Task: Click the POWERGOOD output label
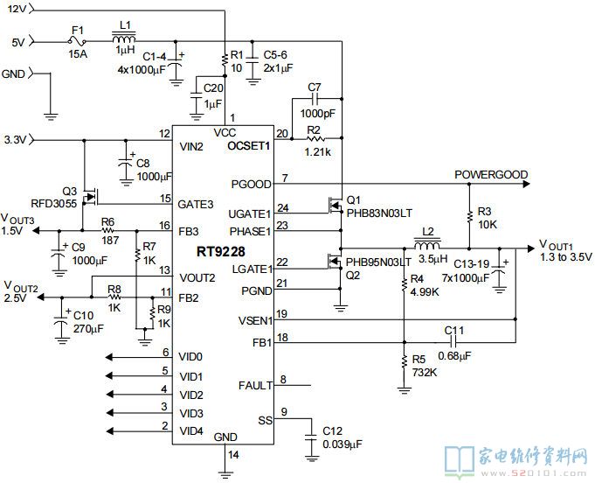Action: point(490,175)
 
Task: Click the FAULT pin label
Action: point(254,385)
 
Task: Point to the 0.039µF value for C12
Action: point(340,444)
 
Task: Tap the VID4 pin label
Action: point(191,431)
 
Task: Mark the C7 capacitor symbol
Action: point(315,104)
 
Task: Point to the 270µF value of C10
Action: point(89,328)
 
